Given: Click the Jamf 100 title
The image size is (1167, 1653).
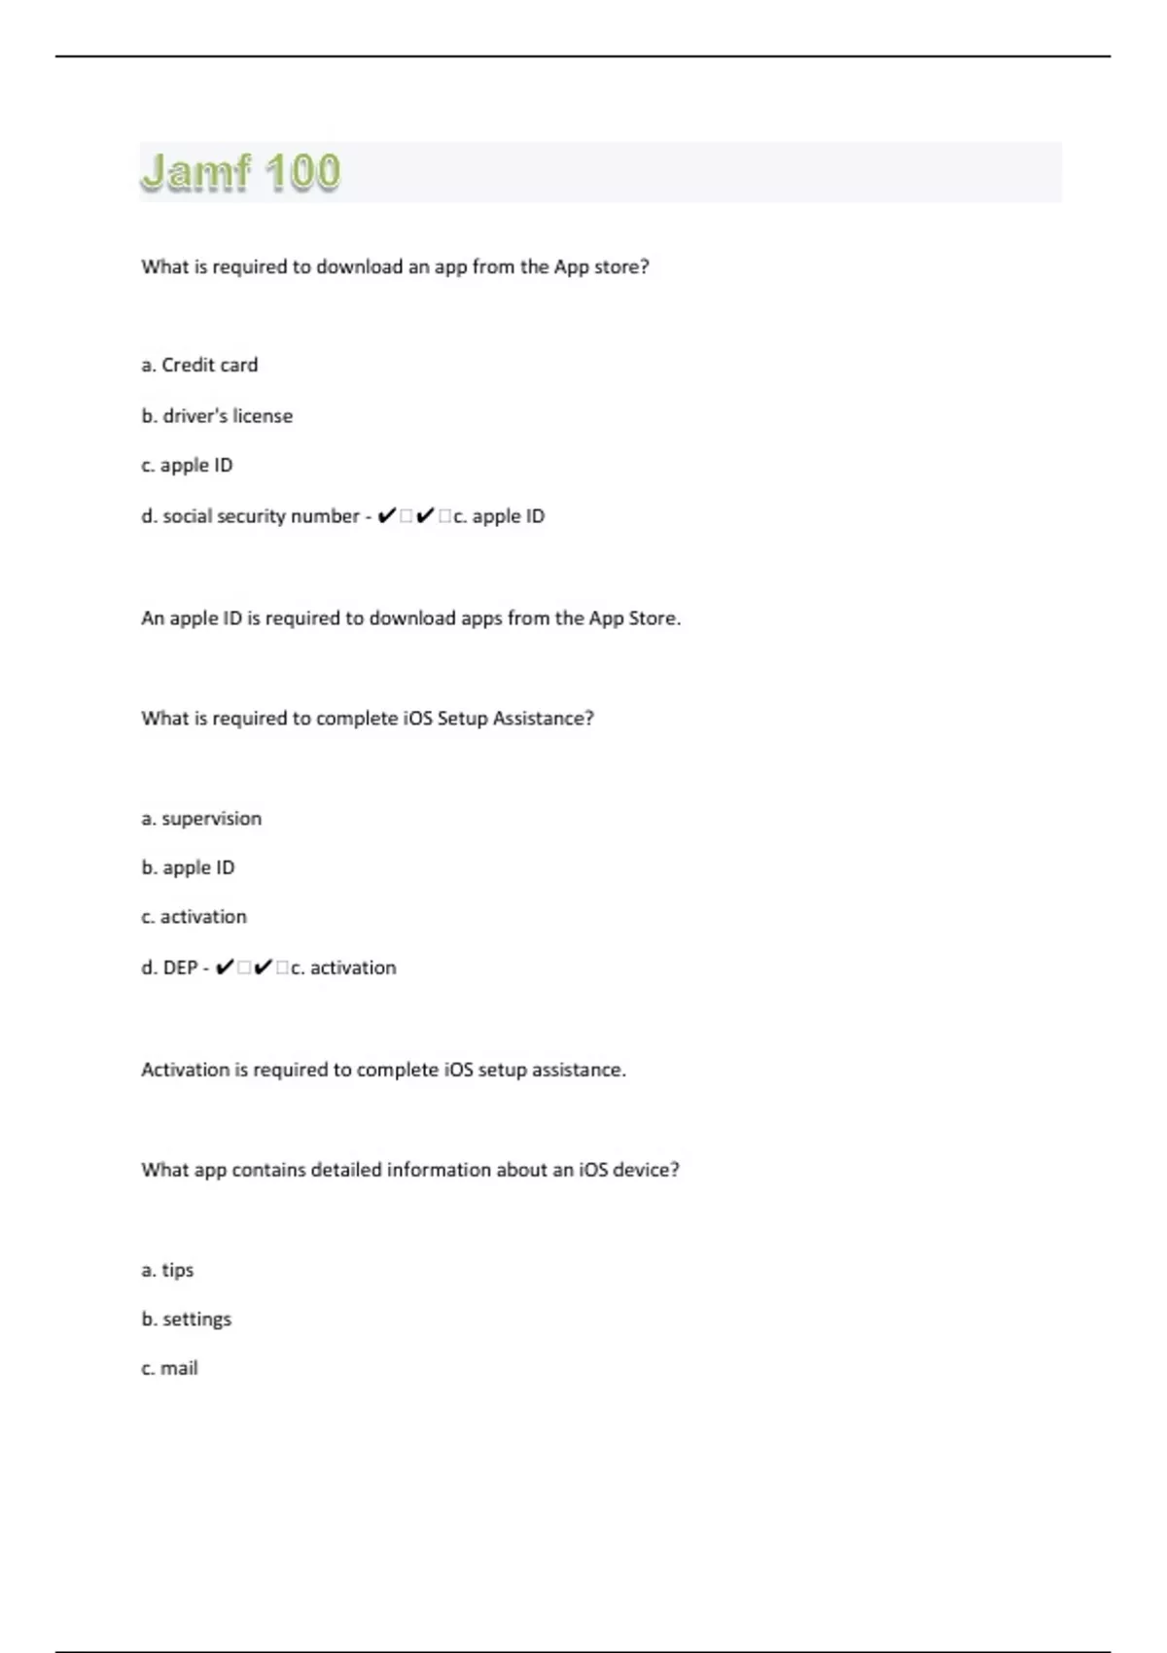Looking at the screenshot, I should [x=241, y=172].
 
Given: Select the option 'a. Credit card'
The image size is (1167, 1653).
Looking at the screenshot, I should [x=199, y=366].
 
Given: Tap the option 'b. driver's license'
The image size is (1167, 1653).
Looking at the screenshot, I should [x=217, y=416].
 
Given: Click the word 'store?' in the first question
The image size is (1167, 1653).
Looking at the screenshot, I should [x=620, y=266].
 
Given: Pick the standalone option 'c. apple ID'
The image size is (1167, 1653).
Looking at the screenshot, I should [x=187, y=466].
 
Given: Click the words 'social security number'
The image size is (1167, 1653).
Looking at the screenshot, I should [x=261, y=516].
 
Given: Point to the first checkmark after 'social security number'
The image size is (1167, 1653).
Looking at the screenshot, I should [x=386, y=516].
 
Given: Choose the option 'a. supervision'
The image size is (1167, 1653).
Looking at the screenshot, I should [x=201, y=819].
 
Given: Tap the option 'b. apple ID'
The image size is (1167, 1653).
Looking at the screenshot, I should [x=188, y=867].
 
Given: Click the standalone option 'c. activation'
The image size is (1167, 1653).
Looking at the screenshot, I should [x=194, y=917].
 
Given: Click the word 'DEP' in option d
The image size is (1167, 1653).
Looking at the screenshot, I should [x=180, y=967].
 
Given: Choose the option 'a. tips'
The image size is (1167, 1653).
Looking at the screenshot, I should [x=167, y=1270].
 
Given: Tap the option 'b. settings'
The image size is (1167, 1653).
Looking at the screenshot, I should [x=186, y=1319].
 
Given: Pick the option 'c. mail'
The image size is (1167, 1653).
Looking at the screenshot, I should [x=169, y=1368].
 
